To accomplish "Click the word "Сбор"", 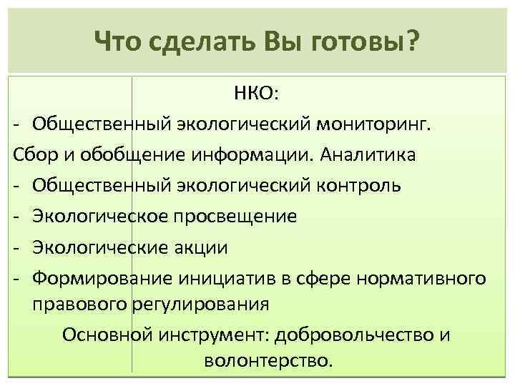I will pyautogui.click(x=32, y=154).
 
